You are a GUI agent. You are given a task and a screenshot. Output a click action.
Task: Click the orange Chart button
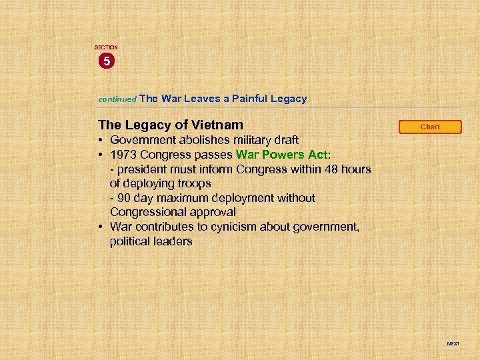pyautogui.click(x=430, y=127)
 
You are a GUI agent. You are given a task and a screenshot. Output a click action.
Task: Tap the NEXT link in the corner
pyautogui.click(x=453, y=344)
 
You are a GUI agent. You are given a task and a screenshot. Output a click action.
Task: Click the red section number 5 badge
pyautogui.click(x=106, y=61)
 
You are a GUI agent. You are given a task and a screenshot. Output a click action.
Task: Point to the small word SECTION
pyautogui.click(x=106, y=47)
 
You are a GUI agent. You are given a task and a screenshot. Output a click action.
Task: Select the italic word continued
pyautogui.click(x=117, y=99)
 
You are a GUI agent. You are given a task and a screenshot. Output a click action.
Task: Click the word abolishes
pyautogui.click(x=197, y=140)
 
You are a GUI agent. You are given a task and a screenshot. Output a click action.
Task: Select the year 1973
pyautogui.click(x=125, y=155)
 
